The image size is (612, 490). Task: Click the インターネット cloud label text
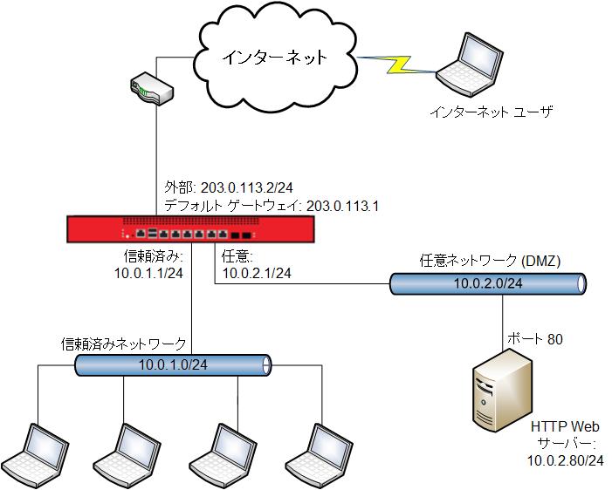click(273, 58)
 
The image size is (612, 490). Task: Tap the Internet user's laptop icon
click(477, 66)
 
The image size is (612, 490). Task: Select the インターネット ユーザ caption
click(492, 112)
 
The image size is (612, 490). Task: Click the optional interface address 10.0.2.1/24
click(257, 274)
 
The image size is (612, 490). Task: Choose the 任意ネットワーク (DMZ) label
click(490, 261)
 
